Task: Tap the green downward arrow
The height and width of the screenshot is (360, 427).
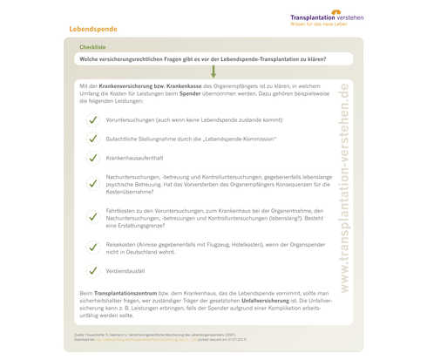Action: click(x=213, y=73)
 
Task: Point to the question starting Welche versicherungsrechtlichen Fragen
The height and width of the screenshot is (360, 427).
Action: click(x=202, y=58)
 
